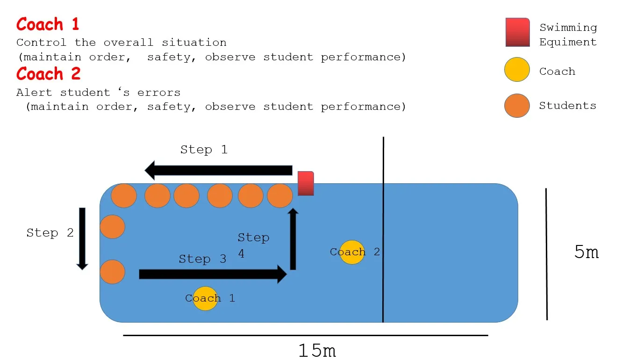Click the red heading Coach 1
click(x=48, y=24)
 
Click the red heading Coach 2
click(x=49, y=74)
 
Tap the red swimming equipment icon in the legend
click(x=517, y=32)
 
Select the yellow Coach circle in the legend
click(x=517, y=70)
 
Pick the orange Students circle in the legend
click(x=517, y=106)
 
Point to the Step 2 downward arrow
click(x=82, y=238)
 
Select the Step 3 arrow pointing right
click(x=213, y=274)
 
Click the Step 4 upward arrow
click(x=293, y=239)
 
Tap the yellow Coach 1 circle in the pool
click(x=205, y=298)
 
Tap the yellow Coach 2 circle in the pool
click(x=352, y=252)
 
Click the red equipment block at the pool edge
click(x=306, y=183)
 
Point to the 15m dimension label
click(x=317, y=350)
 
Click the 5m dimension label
click(x=586, y=252)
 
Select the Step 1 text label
click(x=204, y=150)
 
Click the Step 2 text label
click(x=50, y=233)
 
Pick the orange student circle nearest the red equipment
click(x=280, y=196)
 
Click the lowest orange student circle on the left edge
click(x=113, y=272)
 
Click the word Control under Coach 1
click(x=41, y=43)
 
